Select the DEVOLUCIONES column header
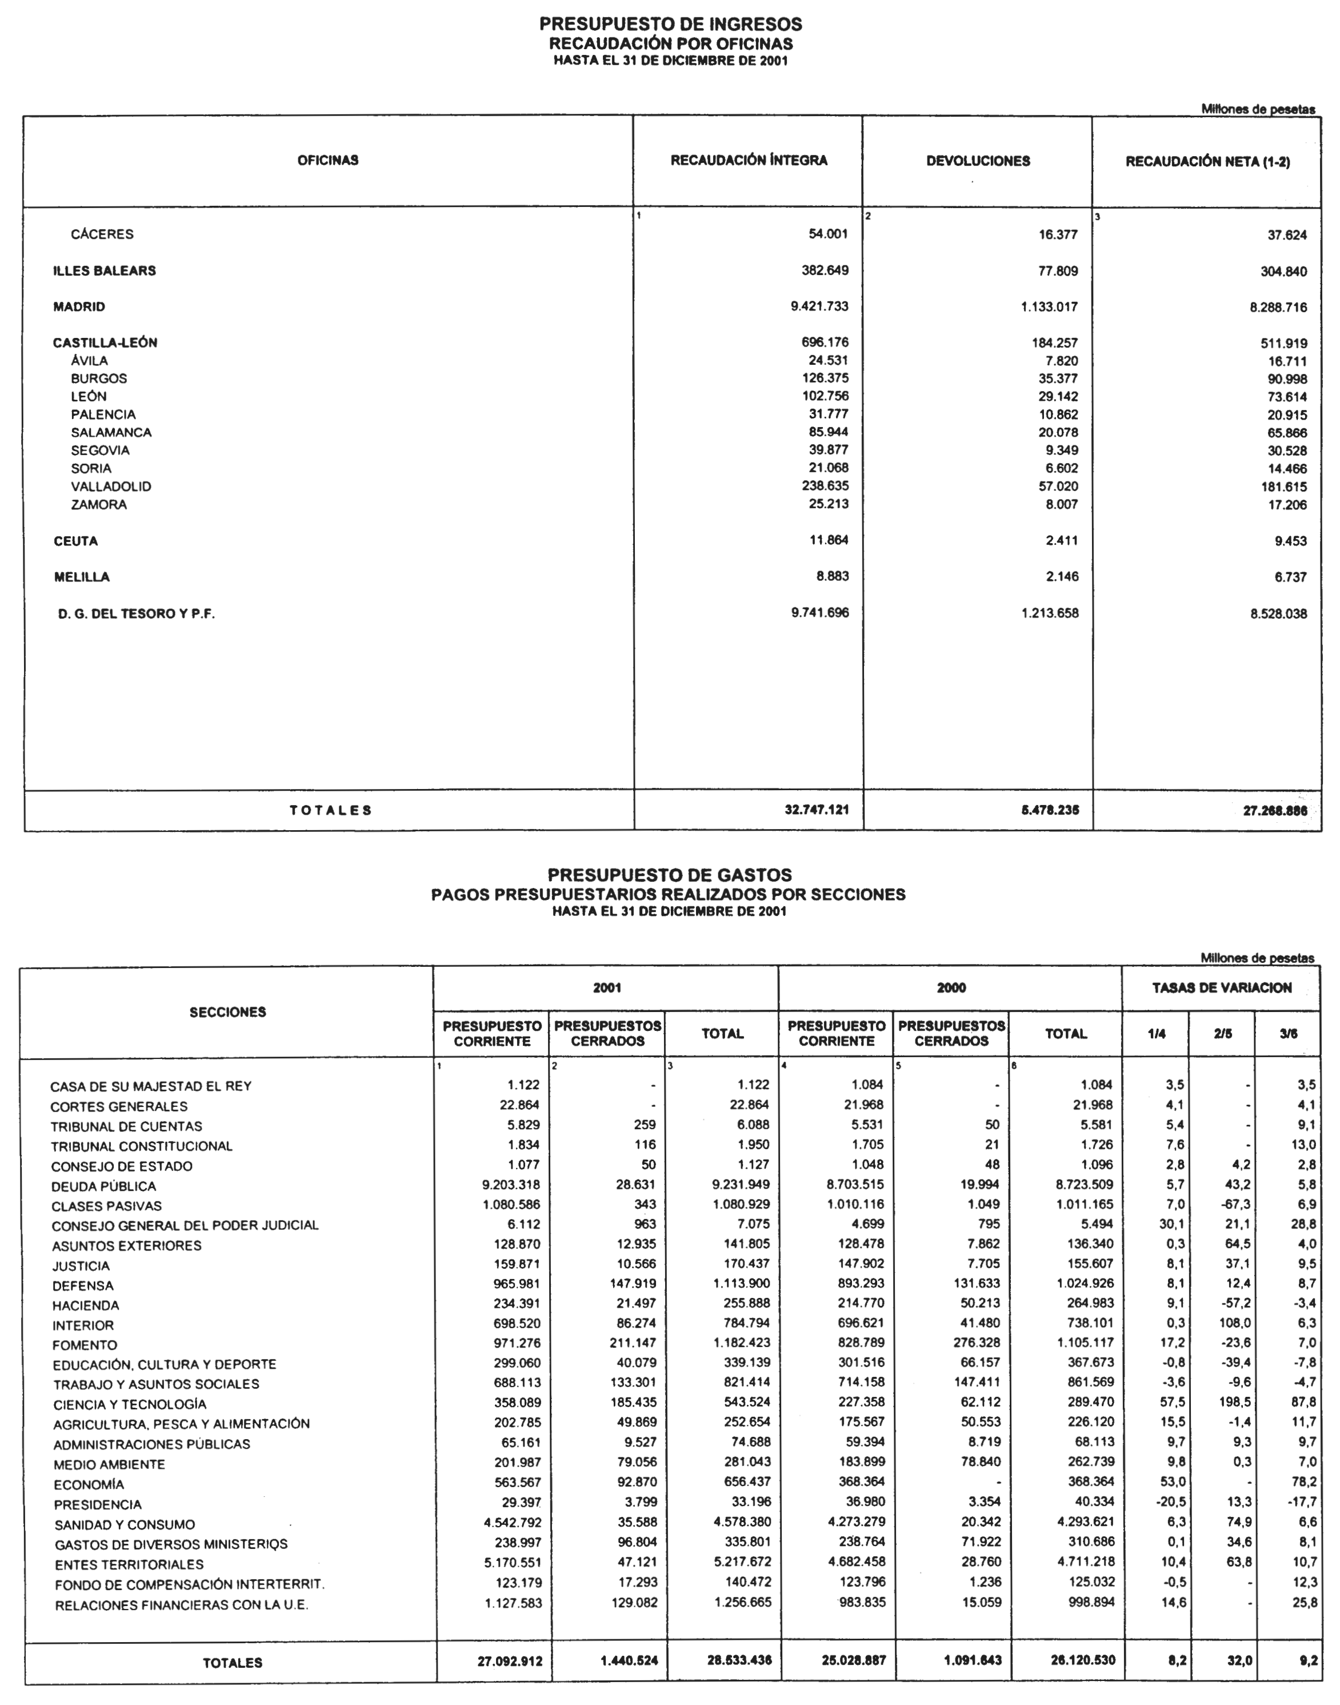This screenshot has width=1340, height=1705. (978, 161)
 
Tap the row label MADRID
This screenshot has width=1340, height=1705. (79, 307)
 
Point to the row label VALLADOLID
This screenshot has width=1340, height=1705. (111, 487)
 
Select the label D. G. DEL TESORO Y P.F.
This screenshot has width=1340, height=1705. (137, 614)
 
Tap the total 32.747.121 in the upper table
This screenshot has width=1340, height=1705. (817, 809)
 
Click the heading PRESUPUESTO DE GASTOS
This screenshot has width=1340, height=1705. (669, 874)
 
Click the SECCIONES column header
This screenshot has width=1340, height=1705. (227, 1013)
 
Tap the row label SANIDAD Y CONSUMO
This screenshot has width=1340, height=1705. (124, 1524)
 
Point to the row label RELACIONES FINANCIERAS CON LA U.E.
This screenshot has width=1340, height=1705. (181, 1606)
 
